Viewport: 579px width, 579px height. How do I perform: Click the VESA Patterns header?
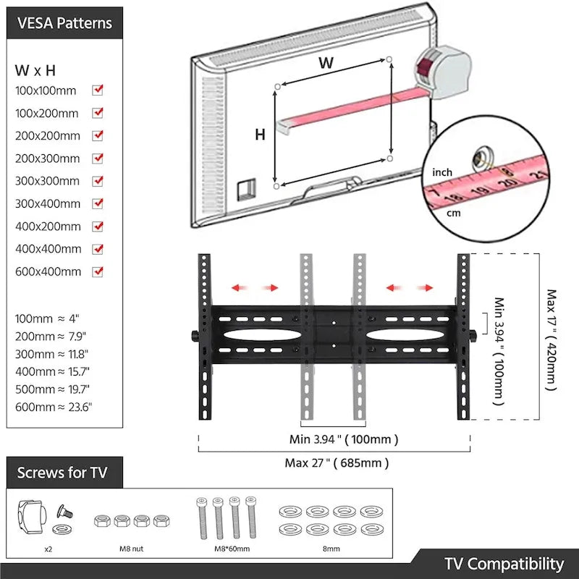pyautogui.click(x=64, y=22)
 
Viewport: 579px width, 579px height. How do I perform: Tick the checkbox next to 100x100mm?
pyautogui.click(x=98, y=90)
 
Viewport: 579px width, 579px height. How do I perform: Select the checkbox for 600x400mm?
pyautogui.click(x=98, y=271)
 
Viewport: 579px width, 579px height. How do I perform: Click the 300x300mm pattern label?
pyautogui.click(x=47, y=181)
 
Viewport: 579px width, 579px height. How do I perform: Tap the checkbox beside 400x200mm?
pyautogui.click(x=98, y=226)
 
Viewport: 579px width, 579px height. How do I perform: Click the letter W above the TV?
pyautogui.click(x=326, y=63)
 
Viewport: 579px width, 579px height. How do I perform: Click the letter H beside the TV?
pyautogui.click(x=260, y=134)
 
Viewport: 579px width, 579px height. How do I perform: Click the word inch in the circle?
pyautogui.click(x=442, y=172)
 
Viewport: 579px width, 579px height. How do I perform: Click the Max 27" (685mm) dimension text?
pyautogui.click(x=335, y=462)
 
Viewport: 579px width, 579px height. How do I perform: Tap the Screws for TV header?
pyautogui.click(x=62, y=473)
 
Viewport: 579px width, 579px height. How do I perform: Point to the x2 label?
pyautogui.click(x=48, y=549)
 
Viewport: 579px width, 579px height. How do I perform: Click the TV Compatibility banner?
pyautogui.click(x=504, y=564)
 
